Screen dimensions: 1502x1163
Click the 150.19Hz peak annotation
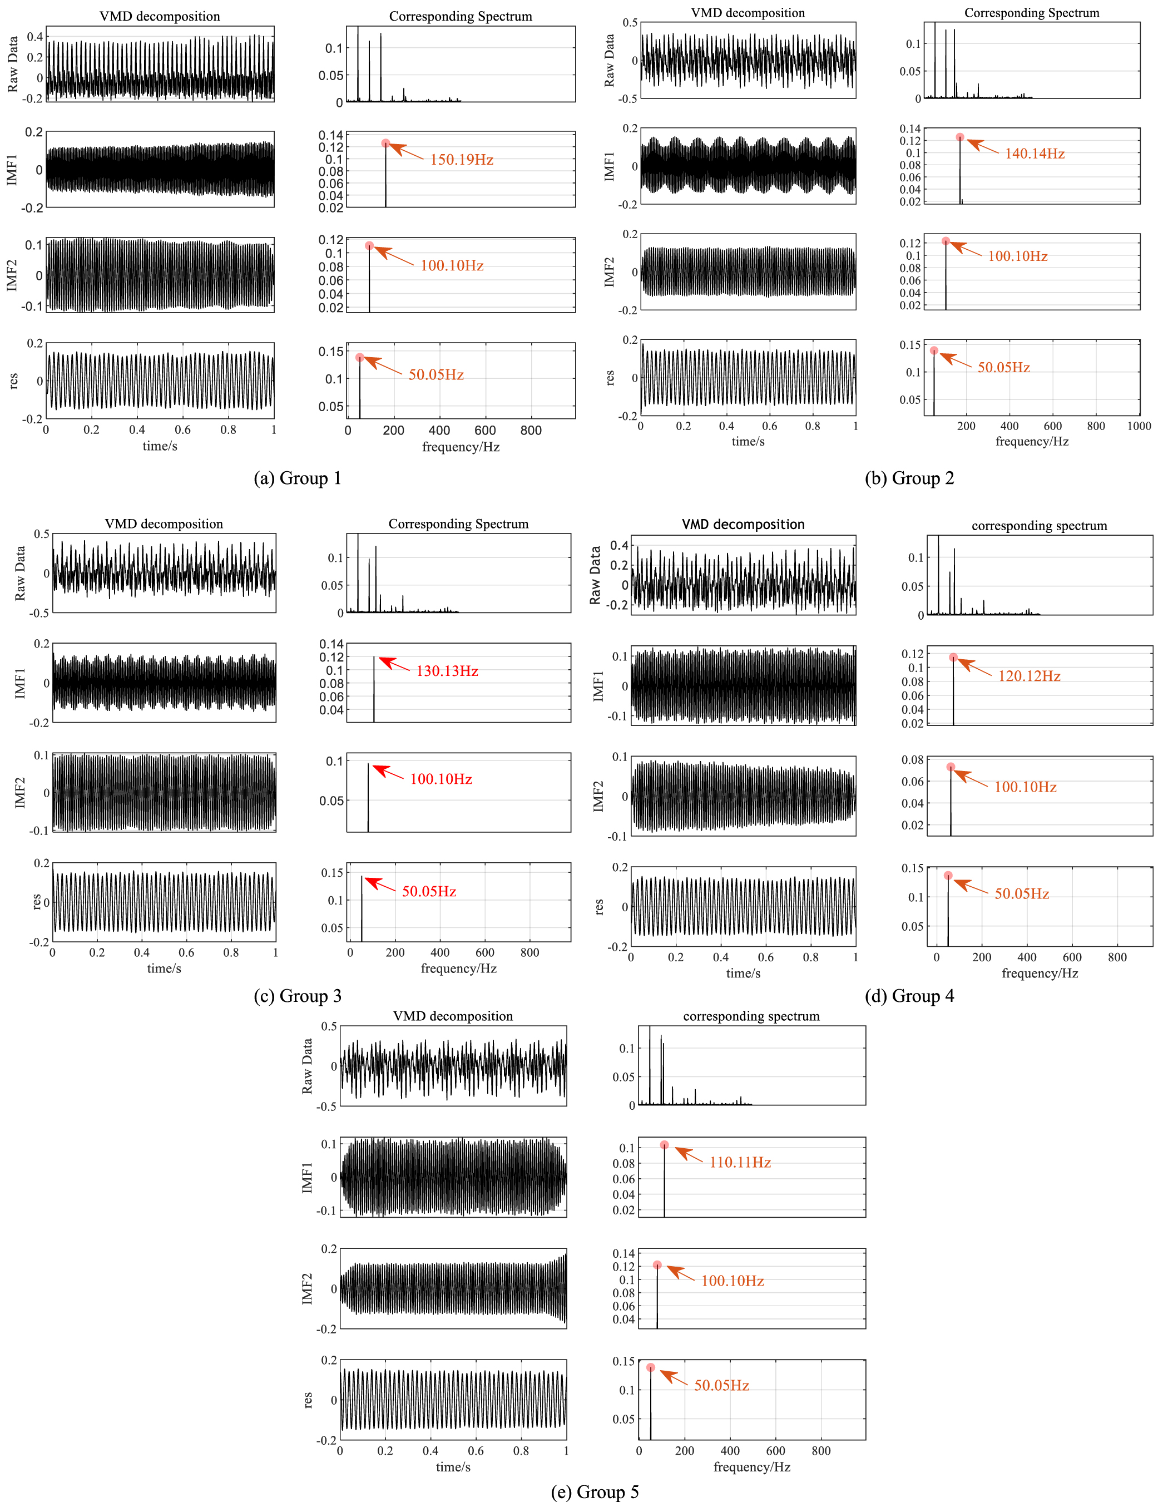(462, 160)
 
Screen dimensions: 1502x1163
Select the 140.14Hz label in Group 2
(1035, 154)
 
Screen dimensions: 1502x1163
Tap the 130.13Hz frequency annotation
(447, 670)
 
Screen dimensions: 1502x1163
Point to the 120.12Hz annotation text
(1029, 676)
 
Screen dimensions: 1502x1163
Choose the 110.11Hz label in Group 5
(740, 1162)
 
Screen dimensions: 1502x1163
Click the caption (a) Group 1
(297, 478)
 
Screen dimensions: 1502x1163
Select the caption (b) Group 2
(909, 478)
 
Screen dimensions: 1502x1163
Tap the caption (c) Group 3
(297, 996)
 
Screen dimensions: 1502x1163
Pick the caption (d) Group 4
(909, 996)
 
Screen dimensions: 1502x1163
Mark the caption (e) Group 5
(595, 1491)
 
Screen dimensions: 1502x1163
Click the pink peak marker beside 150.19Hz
(386, 143)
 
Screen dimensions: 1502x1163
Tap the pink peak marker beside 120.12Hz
(953, 658)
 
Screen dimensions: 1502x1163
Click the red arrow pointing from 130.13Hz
(395, 664)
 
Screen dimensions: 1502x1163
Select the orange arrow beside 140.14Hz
(983, 146)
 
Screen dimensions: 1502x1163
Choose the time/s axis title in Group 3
(165, 969)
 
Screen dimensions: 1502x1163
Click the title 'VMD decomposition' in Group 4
(744, 524)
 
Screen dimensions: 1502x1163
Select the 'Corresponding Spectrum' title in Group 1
(461, 16)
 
